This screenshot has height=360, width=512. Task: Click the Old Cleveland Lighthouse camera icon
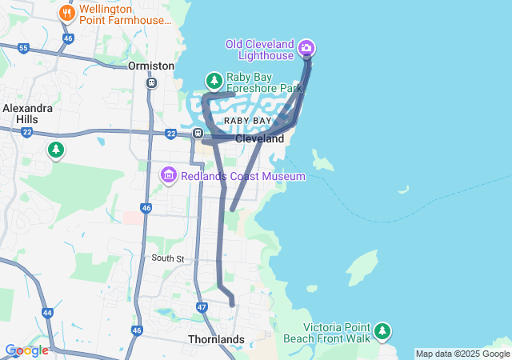point(306,50)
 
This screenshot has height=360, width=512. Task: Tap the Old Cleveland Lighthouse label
point(260,50)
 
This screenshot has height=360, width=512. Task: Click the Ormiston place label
point(150,66)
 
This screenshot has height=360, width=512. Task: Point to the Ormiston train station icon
point(151,82)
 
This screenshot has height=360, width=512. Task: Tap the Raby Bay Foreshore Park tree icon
point(214,81)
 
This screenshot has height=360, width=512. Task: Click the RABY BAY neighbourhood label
point(247,120)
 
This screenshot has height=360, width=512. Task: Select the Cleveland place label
point(259,138)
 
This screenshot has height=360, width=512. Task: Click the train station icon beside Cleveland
point(197,133)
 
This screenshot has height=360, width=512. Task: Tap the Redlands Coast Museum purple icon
point(168,174)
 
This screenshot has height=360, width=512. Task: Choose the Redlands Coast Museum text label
point(242,176)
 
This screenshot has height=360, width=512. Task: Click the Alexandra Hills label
point(27,113)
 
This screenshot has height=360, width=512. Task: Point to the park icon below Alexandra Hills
point(55,149)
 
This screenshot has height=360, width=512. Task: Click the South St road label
point(168,258)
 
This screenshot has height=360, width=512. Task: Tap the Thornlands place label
point(216,339)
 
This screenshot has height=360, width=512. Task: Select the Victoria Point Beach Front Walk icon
point(383,330)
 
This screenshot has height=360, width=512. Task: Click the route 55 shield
point(23,49)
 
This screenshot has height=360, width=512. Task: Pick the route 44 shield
point(48,312)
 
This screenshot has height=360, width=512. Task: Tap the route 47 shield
point(202,307)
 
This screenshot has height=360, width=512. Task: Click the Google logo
point(26,350)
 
